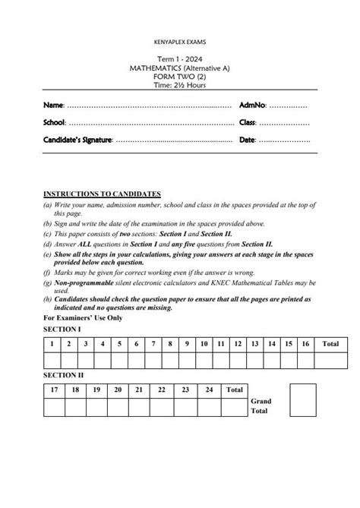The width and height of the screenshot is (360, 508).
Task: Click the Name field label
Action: tap(53, 104)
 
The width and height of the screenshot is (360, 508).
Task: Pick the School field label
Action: tap(55, 122)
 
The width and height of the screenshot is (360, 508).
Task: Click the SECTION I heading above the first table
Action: tap(62, 329)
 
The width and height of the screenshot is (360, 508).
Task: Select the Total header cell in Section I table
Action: tap(330, 344)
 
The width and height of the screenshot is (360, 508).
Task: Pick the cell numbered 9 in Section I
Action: tap(186, 344)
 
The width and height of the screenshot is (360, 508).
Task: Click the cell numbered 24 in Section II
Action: tap(208, 390)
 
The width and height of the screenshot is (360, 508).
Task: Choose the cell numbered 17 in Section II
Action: tap(54, 390)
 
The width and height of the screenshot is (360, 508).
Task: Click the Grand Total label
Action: tap(260, 406)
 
